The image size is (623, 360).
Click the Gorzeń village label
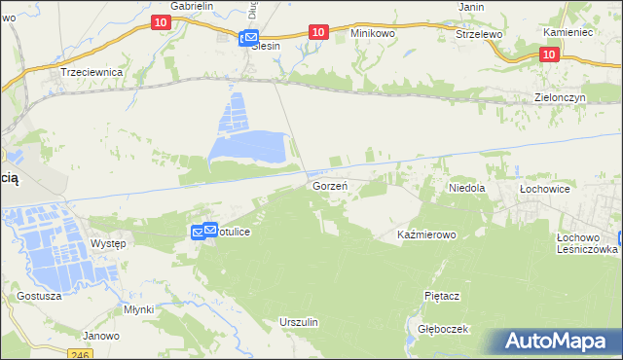pos(329,184)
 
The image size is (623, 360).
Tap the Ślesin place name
pos(267,46)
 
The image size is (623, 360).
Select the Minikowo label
pos(374,32)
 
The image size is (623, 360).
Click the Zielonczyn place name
pos(565,98)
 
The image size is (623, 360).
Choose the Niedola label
pos(466,186)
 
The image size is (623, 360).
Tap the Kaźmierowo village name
pos(427,235)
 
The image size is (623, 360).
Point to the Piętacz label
pos(441,294)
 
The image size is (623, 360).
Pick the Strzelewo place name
pos(478,33)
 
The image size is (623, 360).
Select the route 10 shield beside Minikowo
pos(317,33)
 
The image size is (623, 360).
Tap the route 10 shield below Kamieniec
pos(548,55)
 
